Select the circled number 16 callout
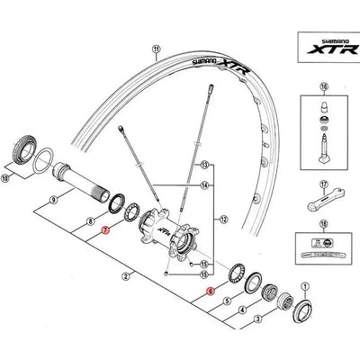pos(319,88)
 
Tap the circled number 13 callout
pos(205,166)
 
